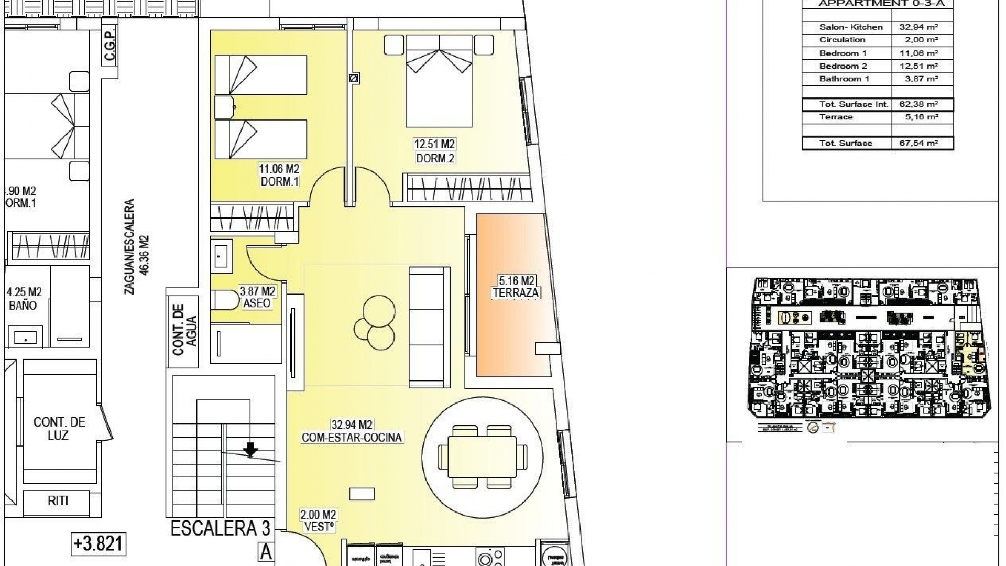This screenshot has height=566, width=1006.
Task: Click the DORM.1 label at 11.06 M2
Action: [x=279, y=175]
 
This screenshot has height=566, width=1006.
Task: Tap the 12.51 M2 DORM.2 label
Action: [x=434, y=150]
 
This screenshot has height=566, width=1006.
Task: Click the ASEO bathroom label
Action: [x=257, y=297]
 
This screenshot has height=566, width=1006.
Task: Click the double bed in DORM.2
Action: [x=439, y=81]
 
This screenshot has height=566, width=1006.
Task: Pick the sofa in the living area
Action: [x=429, y=325]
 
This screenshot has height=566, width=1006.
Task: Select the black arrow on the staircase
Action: [x=250, y=449]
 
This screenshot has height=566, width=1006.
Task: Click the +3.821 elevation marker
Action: [x=99, y=543]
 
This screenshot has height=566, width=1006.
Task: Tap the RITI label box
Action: [x=58, y=500]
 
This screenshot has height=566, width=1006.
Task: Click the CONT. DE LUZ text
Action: [x=59, y=428]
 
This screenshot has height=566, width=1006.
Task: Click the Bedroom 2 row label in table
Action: [x=843, y=66]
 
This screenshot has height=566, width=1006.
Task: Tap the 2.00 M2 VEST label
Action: [x=318, y=521]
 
